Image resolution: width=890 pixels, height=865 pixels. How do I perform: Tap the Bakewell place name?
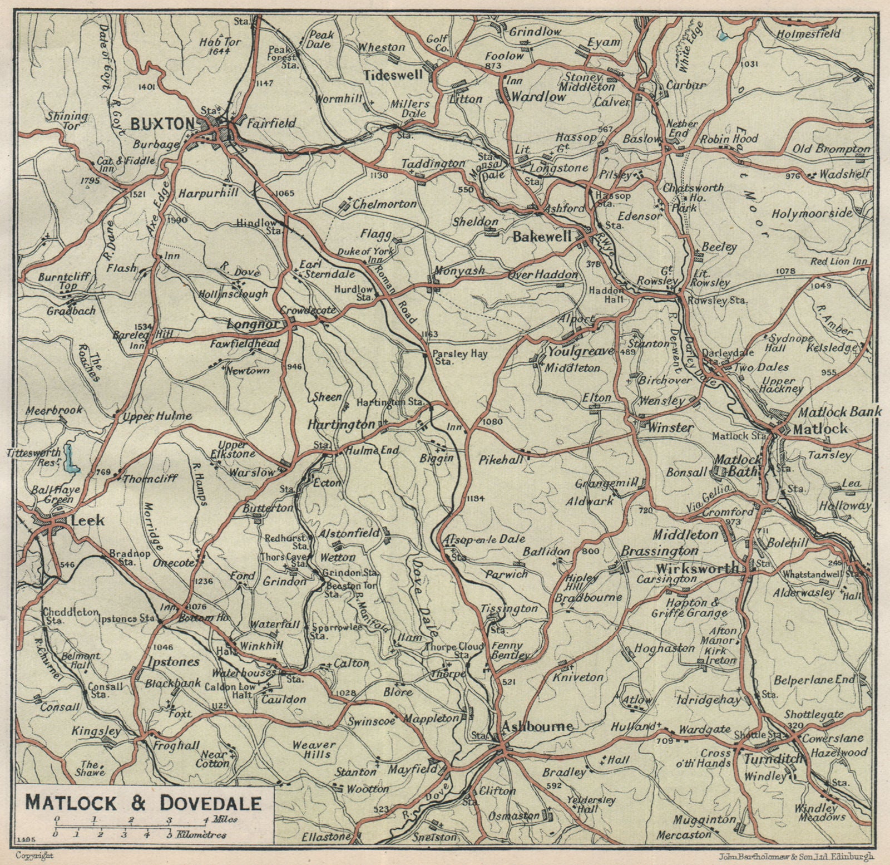click(x=542, y=237)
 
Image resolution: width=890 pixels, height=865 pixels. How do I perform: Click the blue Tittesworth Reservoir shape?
click(x=70, y=458)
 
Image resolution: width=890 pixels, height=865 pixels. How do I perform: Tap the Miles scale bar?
click(x=131, y=818)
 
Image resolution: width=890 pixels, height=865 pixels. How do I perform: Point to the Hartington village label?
click(x=341, y=425)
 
